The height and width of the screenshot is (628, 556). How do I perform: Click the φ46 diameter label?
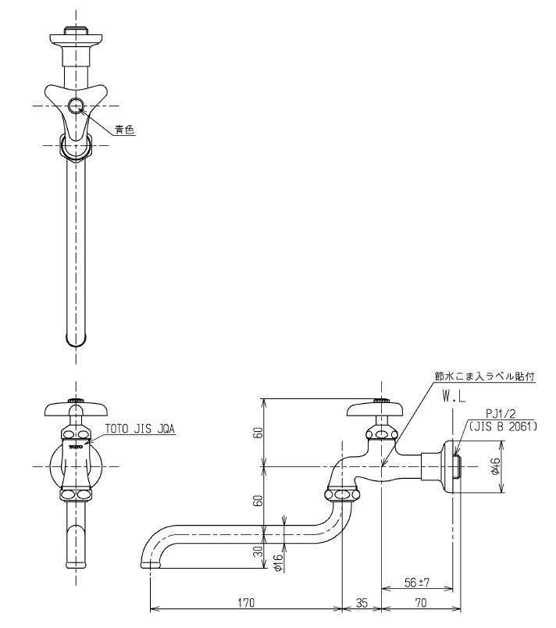click(495, 466)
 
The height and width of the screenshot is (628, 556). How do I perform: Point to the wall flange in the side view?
click(451, 466)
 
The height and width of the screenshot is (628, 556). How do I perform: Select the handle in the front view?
click(75, 409)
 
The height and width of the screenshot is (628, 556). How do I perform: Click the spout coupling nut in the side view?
click(342, 493)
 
